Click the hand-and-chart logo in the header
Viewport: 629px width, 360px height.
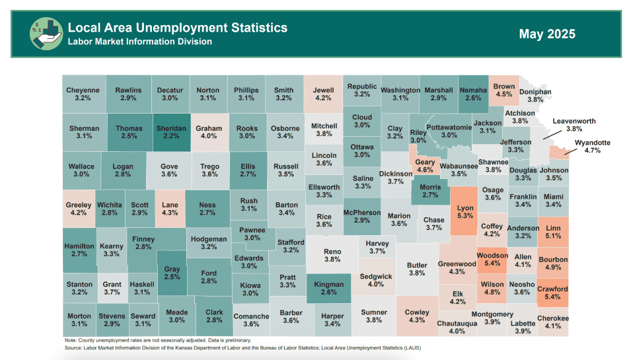44,33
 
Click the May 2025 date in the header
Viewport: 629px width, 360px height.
546,34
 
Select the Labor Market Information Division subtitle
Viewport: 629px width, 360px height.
139,42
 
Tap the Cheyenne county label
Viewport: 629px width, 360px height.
83,90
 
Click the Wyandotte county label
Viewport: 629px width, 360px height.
592,142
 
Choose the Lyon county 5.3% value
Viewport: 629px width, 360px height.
465,216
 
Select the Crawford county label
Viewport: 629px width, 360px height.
552,289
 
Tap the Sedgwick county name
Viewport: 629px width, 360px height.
376,275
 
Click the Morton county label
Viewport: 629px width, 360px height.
79,316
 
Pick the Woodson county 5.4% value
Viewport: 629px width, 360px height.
492,264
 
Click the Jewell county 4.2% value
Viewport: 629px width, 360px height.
324,98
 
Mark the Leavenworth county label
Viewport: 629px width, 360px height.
574,122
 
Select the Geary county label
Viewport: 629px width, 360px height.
425,162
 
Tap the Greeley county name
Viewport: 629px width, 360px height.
78,205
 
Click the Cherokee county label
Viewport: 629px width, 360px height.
552,318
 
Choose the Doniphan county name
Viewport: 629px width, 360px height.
535,92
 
